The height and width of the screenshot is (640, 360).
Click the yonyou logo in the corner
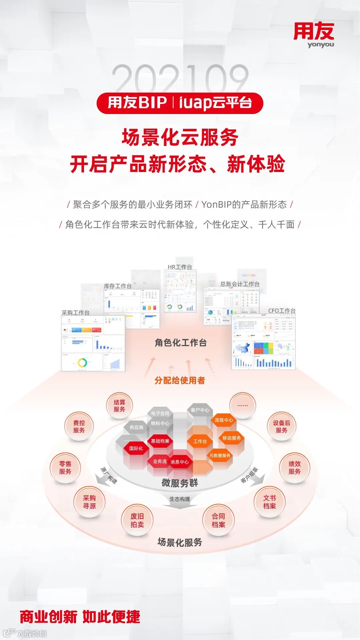(x=314, y=35)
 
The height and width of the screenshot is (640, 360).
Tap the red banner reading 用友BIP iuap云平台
(x=180, y=103)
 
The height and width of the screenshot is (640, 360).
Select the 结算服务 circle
(x=119, y=406)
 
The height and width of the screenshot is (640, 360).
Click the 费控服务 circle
(x=79, y=426)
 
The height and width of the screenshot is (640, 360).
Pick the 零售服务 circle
(x=65, y=467)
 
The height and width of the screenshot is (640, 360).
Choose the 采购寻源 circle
(x=89, y=502)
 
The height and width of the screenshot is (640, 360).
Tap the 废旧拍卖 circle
(x=137, y=520)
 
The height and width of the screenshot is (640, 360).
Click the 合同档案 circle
(x=218, y=520)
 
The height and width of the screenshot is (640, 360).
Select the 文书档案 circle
(x=269, y=502)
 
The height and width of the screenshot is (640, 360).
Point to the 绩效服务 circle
(x=294, y=467)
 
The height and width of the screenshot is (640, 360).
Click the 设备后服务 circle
(x=281, y=426)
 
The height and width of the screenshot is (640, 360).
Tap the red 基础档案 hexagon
(x=160, y=441)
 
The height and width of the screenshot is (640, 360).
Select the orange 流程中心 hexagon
(x=224, y=420)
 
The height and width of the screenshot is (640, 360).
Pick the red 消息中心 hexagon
(x=180, y=462)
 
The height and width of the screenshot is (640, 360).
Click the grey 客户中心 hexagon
(x=200, y=410)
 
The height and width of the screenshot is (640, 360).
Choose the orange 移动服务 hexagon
(x=232, y=438)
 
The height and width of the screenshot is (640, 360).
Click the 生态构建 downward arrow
(x=180, y=502)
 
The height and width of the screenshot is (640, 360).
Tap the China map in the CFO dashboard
(x=243, y=349)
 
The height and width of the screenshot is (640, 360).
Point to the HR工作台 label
(x=180, y=267)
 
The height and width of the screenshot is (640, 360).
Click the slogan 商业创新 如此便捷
(x=80, y=617)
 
